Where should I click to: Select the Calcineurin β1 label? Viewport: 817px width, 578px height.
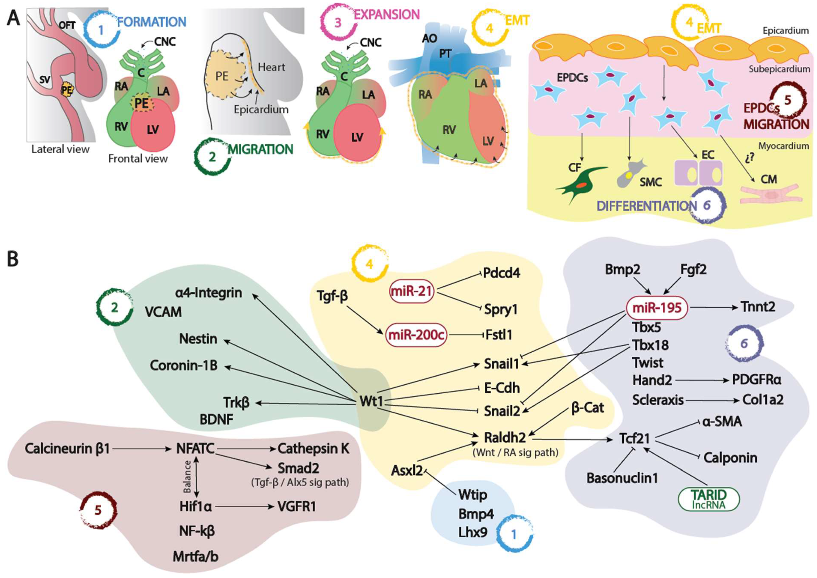tap(67, 449)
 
